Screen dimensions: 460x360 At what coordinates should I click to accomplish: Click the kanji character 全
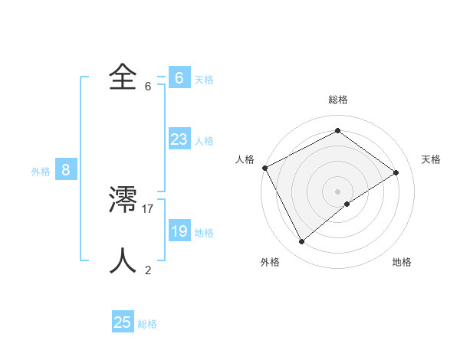point(123,77)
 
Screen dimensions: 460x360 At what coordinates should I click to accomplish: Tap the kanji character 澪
point(123,200)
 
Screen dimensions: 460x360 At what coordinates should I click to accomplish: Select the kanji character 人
point(123,261)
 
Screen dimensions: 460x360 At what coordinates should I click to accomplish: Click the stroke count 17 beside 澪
point(148,208)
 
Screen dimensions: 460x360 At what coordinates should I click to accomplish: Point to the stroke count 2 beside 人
point(148,270)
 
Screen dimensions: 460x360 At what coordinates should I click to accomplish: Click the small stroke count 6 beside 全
point(148,86)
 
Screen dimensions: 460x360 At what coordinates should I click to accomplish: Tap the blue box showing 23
point(179,139)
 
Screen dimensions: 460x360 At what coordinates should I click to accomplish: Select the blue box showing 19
point(179,231)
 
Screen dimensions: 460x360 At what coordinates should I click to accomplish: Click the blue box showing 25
point(123,322)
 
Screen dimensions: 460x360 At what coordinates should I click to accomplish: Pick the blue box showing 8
point(66,170)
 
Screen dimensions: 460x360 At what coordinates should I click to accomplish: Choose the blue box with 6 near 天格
point(179,78)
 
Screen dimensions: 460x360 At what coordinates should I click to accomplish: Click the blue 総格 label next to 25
point(147,324)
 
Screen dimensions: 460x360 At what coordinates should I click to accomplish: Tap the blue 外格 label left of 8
point(41,172)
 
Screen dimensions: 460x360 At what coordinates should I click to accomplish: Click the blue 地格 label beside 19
point(204,233)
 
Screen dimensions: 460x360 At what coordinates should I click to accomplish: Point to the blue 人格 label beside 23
point(204,141)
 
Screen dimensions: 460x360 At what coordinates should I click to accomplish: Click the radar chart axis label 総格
point(338,100)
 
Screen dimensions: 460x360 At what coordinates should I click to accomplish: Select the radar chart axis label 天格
point(432,159)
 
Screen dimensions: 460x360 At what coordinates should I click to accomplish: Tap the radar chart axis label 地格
point(402,262)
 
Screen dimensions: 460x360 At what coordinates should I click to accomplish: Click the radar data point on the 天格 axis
point(396,172)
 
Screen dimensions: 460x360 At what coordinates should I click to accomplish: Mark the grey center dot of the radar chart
point(338,191)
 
